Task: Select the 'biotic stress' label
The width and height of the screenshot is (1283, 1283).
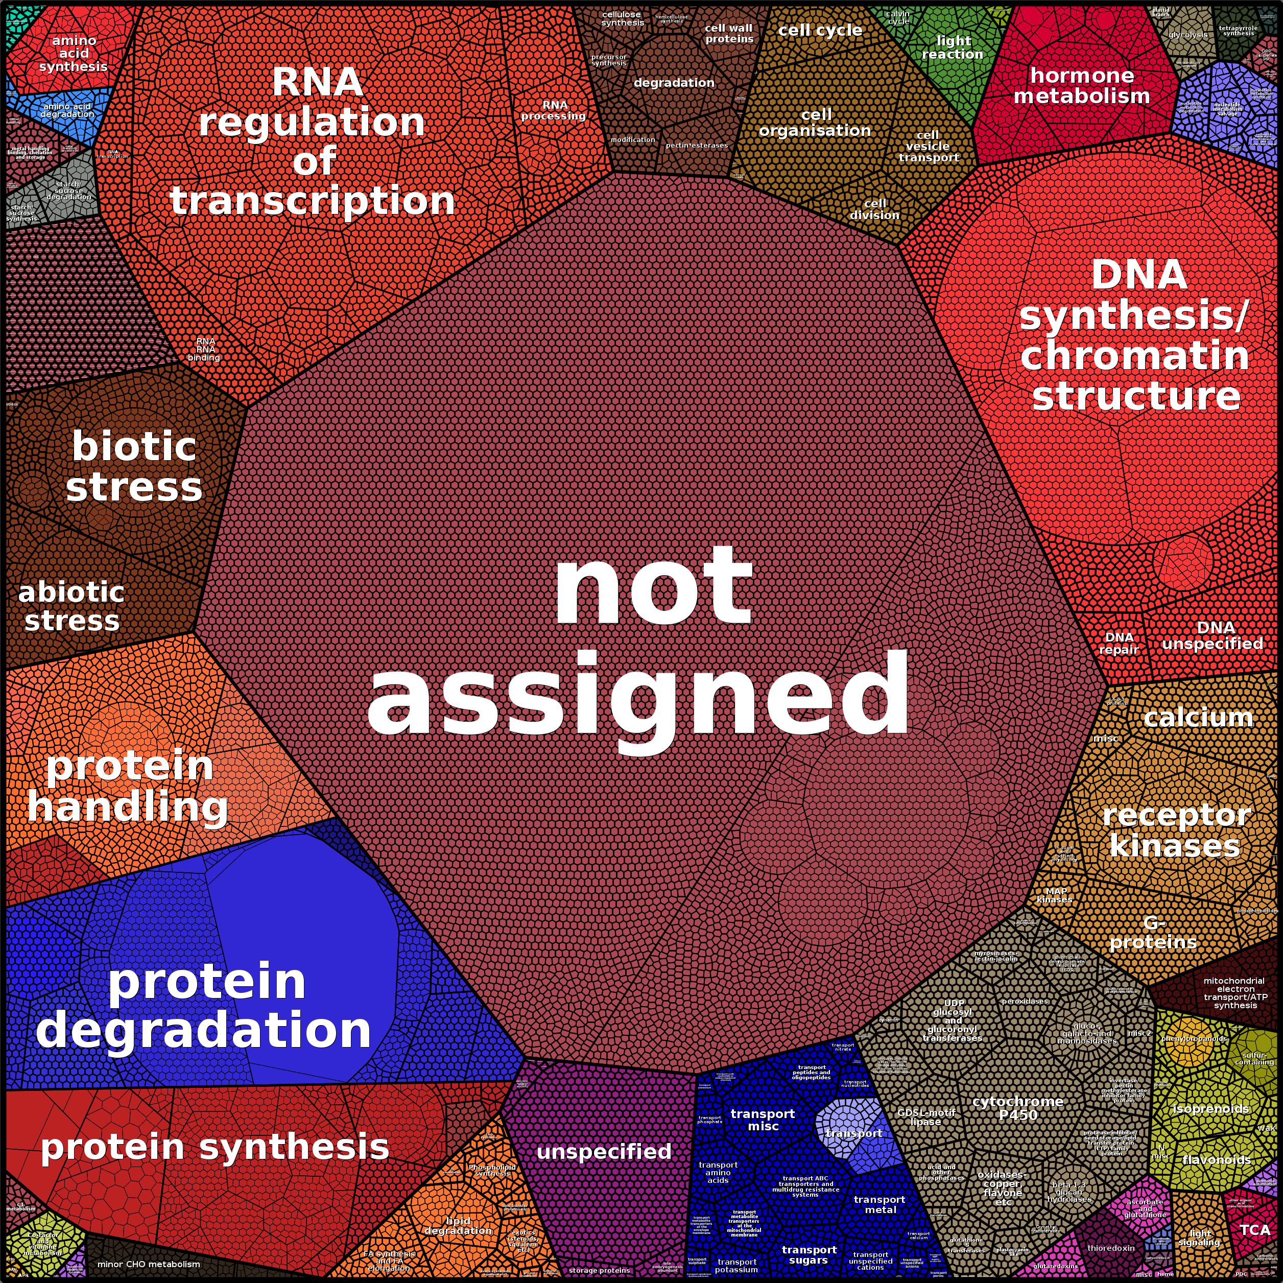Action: (x=134, y=467)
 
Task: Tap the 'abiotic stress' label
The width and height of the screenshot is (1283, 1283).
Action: (x=72, y=607)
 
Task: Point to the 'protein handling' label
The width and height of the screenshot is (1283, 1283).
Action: (x=128, y=787)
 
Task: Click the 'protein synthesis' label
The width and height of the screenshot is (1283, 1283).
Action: (x=215, y=1148)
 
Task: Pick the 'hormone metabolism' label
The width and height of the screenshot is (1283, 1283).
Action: (x=1081, y=86)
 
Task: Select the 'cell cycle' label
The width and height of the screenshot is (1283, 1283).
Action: (x=820, y=31)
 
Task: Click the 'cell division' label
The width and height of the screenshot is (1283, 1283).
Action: (x=874, y=209)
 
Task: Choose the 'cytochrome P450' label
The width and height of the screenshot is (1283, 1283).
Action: (x=1017, y=1108)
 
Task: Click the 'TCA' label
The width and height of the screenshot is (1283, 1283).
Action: (x=1254, y=1229)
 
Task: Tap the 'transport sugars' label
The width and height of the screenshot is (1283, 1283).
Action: (x=809, y=1254)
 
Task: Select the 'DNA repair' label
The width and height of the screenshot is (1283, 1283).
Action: (x=1119, y=643)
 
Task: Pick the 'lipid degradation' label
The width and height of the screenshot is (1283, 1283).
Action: (x=458, y=1225)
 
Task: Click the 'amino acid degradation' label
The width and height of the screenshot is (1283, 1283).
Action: (x=67, y=110)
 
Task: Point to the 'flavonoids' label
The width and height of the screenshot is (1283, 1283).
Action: (x=1217, y=1159)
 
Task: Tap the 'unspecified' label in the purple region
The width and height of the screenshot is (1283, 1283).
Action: (x=604, y=1151)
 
